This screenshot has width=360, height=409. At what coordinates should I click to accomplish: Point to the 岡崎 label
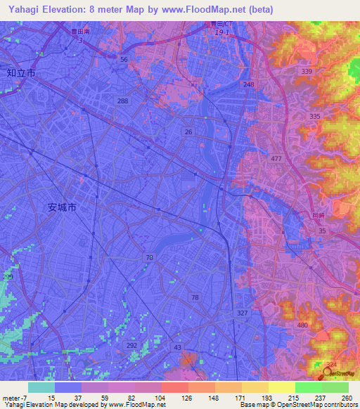point(320,216)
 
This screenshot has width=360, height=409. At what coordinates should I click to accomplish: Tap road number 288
point(123,101)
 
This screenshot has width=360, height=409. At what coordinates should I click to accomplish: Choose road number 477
point(276,159)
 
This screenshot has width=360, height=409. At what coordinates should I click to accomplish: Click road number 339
point(306,72)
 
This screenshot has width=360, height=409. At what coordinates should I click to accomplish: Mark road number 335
point(314,116)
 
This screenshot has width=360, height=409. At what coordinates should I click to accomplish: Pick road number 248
point(248,84)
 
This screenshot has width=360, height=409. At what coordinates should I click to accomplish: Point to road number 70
point(148,258)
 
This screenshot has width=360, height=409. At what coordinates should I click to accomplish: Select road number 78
point(194,298)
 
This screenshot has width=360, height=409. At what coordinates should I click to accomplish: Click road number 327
point(243,313)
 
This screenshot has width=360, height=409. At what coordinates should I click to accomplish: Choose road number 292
point(131,345)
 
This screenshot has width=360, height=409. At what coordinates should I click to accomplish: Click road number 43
point(178,348)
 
